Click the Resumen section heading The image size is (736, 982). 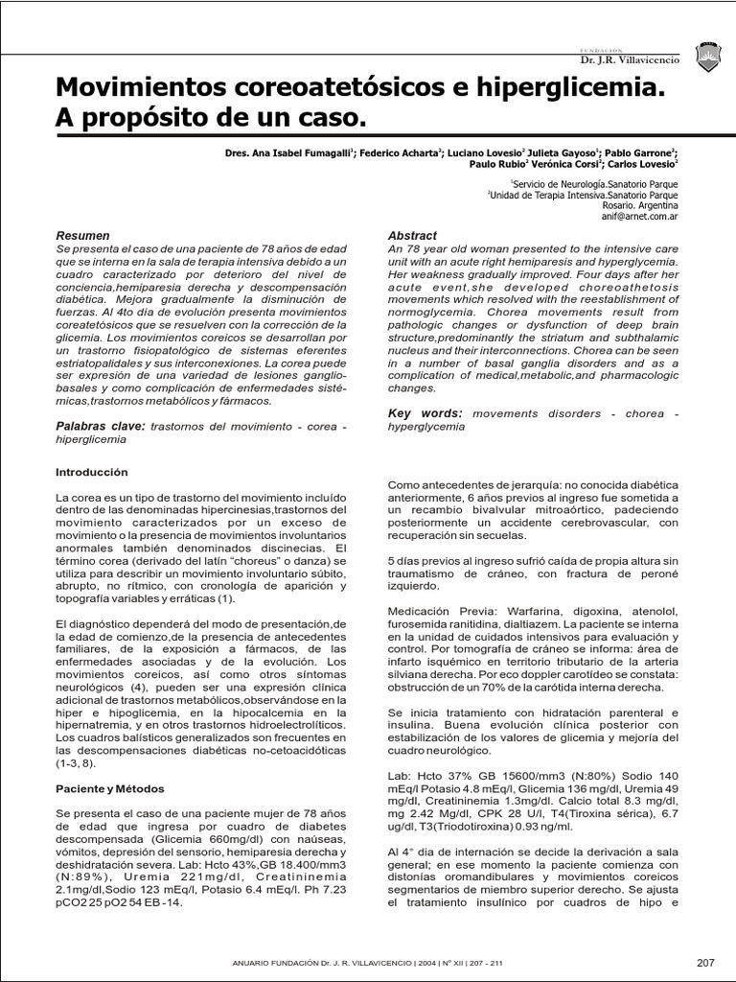[83, 236]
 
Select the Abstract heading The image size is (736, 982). [412, 236]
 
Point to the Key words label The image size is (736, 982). [425, 412]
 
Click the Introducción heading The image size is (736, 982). [91, 473]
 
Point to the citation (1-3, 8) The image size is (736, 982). [80, 762]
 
